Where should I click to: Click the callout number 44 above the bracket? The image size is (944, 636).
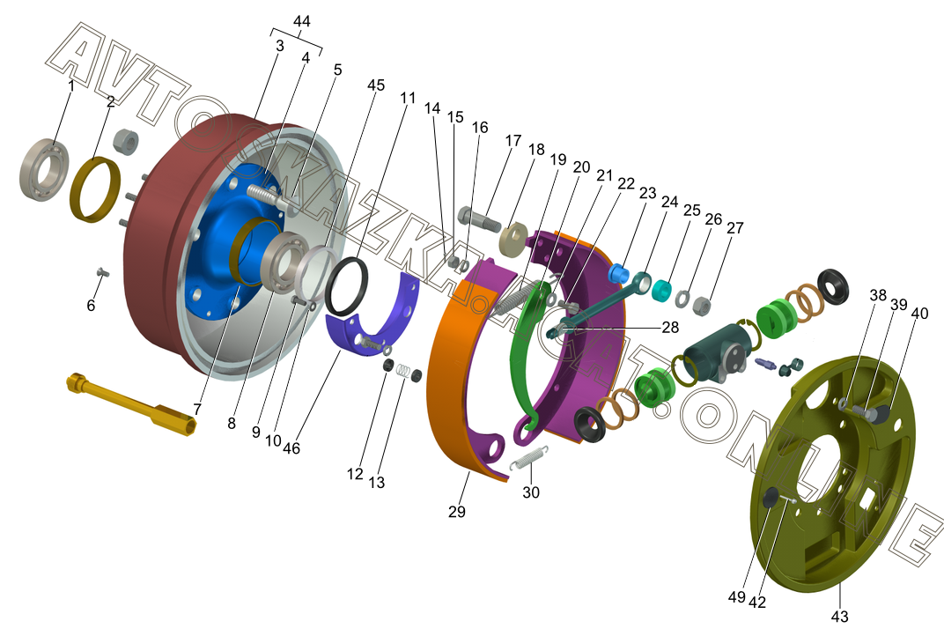coord(302,21)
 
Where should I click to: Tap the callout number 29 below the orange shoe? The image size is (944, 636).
coord(457,511)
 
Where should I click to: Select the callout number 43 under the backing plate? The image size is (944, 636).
coord(840,616)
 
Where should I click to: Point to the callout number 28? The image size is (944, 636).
coord(670,327)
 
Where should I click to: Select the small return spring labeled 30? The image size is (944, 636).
coord(529,458)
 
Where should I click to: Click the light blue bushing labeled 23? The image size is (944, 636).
coord(618,272)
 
